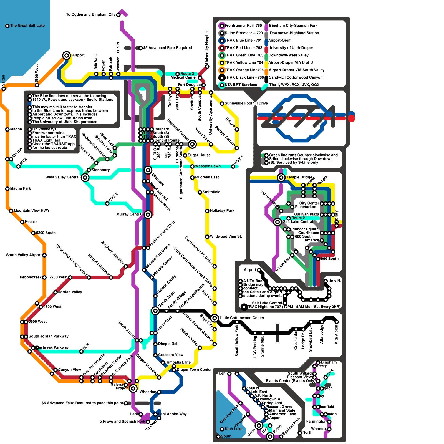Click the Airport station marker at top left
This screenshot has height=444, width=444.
coord(66,55)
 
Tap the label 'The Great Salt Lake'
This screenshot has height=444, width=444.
coord(27,26)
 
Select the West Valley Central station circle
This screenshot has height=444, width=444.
coord(85,177)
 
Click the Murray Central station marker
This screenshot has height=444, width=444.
coord(148,214)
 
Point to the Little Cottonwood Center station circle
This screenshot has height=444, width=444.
coord(215,318)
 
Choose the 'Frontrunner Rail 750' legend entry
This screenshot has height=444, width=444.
coord(243,26)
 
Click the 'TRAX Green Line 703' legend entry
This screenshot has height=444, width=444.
coord(244,55)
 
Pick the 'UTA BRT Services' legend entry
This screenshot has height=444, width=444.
coord(241,85)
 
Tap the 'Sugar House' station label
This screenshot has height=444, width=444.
coord(199,155)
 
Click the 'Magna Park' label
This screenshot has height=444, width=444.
coord(21,188)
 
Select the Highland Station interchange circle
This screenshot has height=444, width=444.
coord(192,144)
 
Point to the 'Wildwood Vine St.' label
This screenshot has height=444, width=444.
coord(226,236)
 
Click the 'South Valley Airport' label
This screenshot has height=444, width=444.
coord(24,255)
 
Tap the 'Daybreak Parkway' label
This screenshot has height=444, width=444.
coord(53,347)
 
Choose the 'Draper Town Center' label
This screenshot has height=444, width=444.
coord(194,370)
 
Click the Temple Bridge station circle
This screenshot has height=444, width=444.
coord(281,177)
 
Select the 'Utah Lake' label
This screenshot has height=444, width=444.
coord(233,429)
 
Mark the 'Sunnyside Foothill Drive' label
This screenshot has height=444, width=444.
coord(246,103)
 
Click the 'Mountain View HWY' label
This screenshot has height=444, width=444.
coord(31,211)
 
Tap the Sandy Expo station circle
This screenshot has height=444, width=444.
coord(155,311)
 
